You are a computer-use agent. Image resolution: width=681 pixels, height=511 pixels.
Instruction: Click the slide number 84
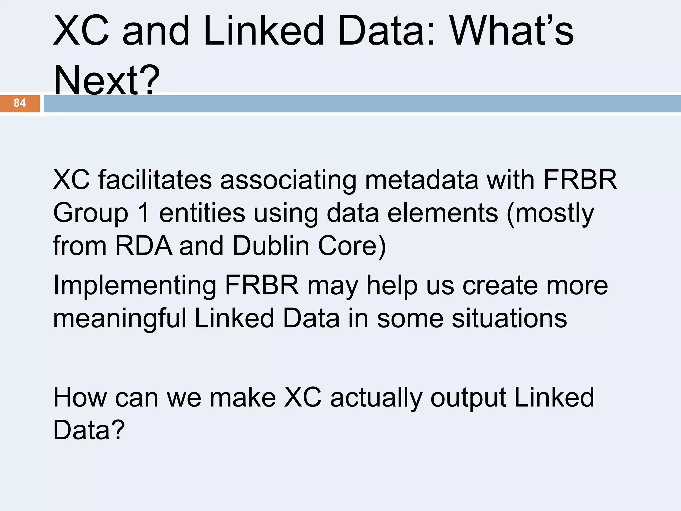pos(20,103)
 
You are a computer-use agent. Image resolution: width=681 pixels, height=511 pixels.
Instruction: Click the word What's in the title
pos(511,31)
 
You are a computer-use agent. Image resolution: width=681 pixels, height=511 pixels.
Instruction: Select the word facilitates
pos(155,180)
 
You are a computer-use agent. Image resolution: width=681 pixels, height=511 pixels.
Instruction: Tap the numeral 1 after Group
pos(144,213)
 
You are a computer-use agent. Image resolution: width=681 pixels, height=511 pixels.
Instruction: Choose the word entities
pos(202,213)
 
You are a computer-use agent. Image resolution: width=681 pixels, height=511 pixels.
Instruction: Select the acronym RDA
pos(144,246)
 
